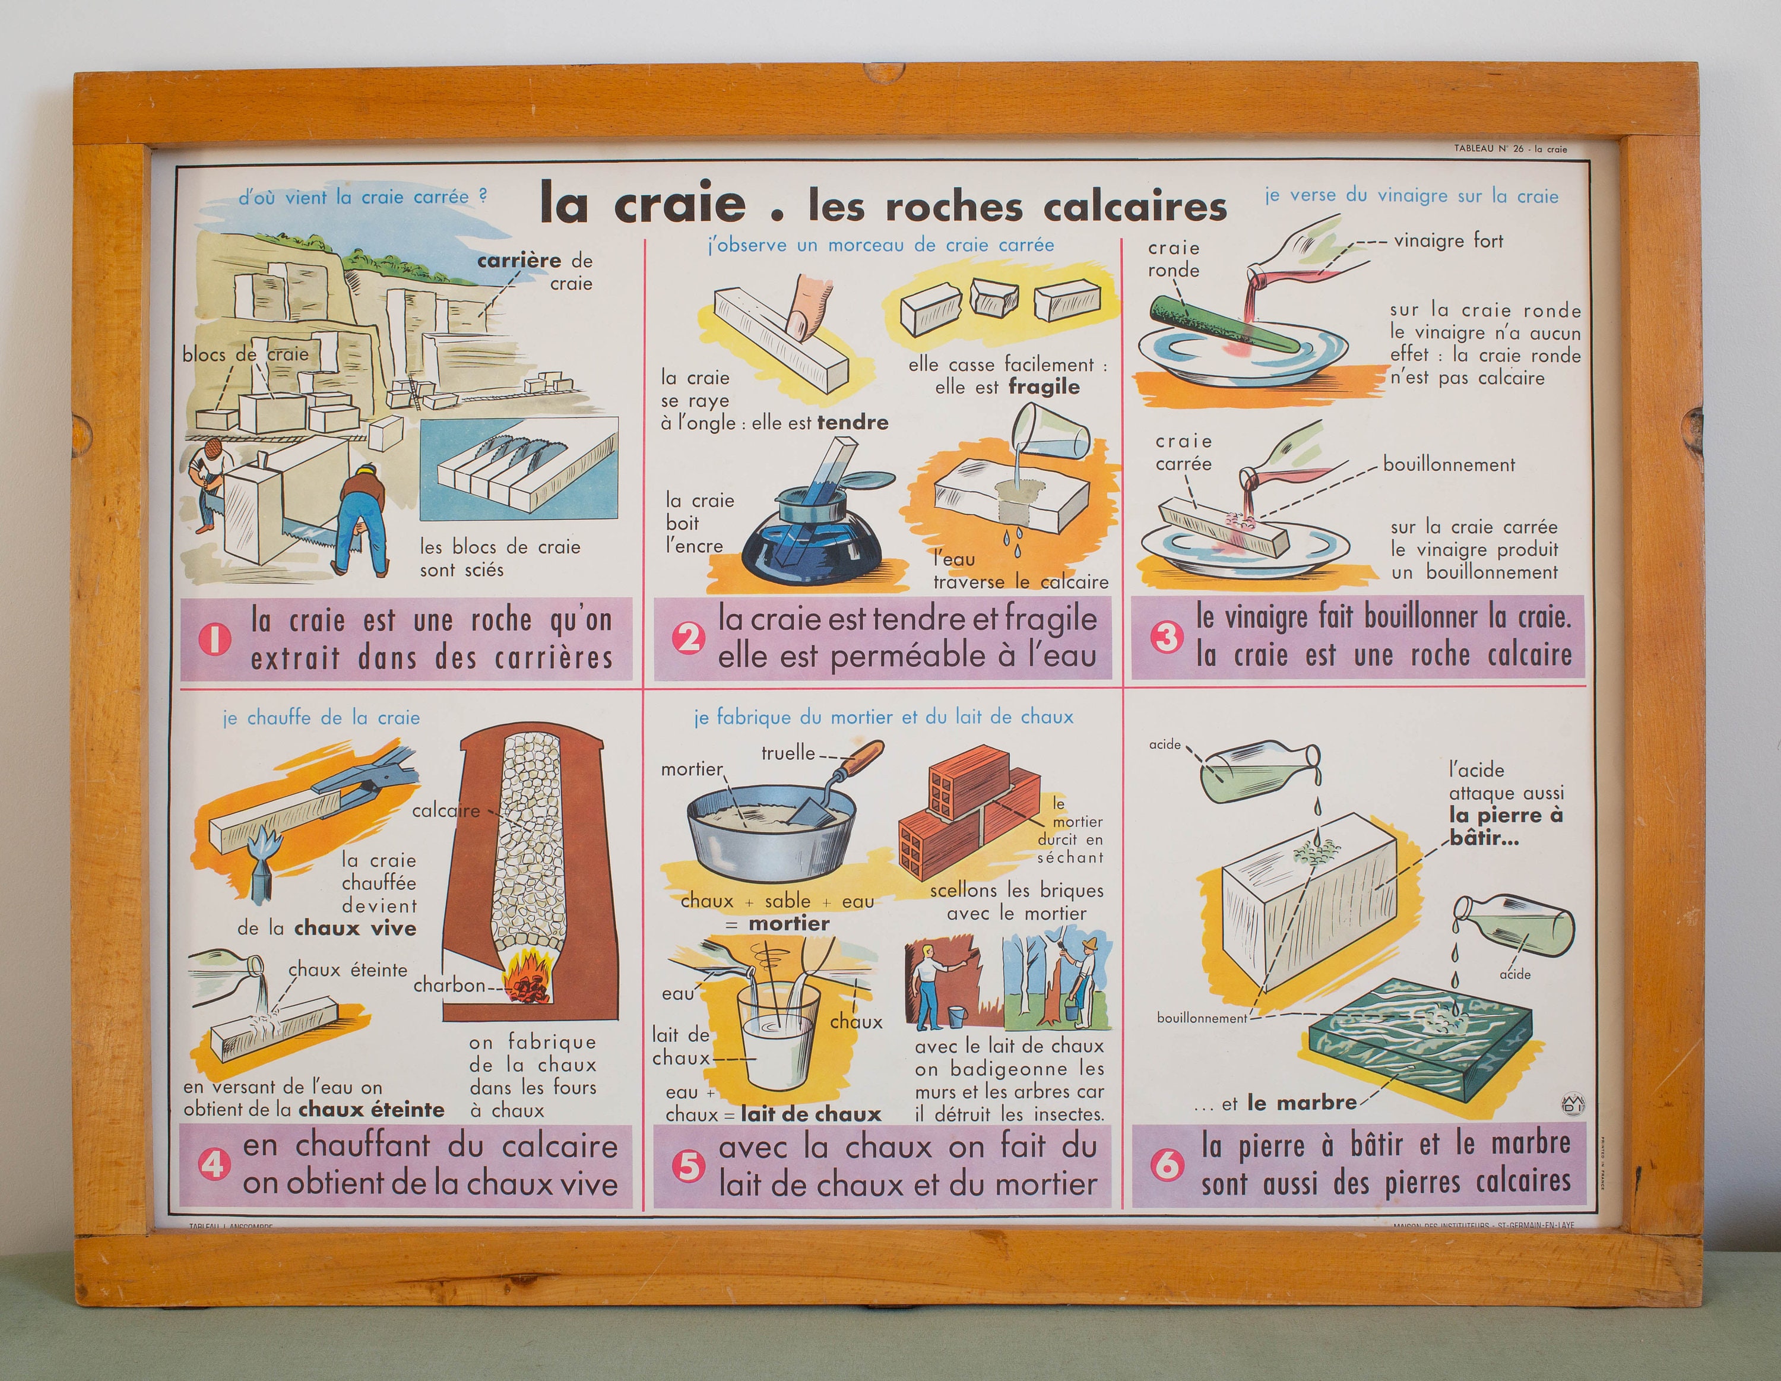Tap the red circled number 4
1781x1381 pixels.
tap(214, 1164)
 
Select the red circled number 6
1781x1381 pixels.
tap(1166, 1164)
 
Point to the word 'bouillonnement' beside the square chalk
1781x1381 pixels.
tap(1449, 465)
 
